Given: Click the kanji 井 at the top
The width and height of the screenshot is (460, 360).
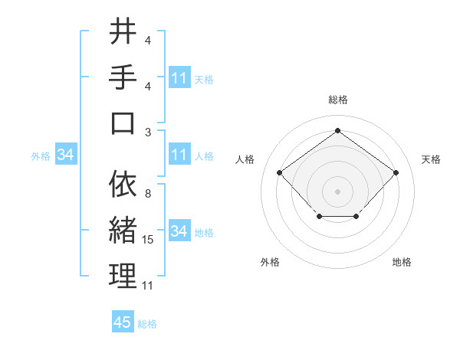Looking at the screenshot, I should click(123, 32).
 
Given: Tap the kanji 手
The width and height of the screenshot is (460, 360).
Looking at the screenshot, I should click(123, 77).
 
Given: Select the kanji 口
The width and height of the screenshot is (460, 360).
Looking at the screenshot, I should click(123, 123).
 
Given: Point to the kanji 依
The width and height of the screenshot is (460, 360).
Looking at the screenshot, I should click(123, 185).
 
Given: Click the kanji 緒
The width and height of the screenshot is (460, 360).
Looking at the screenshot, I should click(123, 231).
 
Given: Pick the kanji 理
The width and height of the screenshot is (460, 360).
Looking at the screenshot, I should click(123, 277).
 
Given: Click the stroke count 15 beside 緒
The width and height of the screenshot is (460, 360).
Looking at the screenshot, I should click(149, 240).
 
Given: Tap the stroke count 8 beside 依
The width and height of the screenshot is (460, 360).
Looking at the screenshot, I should click(147, 194).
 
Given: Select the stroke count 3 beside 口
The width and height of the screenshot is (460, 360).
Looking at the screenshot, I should click(147, 132).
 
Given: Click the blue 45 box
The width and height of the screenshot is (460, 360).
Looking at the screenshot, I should click(123, 322).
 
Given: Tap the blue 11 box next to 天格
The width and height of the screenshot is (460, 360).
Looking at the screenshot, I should click(179, 78).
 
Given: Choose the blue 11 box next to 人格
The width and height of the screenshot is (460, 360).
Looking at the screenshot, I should click(179, 155).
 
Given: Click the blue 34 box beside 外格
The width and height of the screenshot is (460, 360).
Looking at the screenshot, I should click(66, 155).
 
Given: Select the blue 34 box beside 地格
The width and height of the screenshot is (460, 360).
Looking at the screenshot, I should click(179, 231).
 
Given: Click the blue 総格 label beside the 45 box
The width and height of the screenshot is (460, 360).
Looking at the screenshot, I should click(147, 324).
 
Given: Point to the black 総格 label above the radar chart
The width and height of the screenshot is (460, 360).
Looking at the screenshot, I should click(337, 100).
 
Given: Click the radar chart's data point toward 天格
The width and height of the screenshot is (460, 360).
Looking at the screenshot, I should click(396, 172).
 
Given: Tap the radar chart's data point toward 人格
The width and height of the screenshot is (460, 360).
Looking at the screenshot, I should click(279, 172).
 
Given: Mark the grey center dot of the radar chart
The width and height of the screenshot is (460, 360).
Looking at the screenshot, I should click(337, 191).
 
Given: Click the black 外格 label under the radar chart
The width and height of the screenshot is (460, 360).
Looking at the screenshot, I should click(270, 262).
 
